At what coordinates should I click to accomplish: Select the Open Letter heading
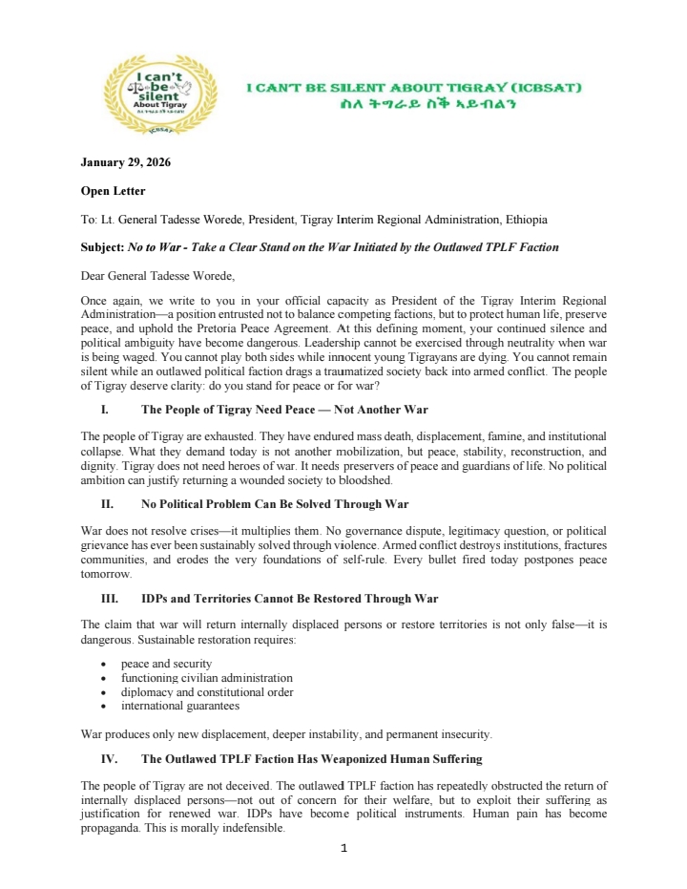113,191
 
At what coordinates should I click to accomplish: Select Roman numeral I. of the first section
105,410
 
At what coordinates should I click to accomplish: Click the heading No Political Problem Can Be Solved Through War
275,503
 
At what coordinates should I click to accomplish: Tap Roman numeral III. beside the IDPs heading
108,599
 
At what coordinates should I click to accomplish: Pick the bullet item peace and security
166,663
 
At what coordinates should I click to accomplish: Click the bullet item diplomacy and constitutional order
207,691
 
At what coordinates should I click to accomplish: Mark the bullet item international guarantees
179,706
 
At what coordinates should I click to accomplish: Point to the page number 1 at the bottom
343,847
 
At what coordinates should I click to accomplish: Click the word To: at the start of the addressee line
90,220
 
